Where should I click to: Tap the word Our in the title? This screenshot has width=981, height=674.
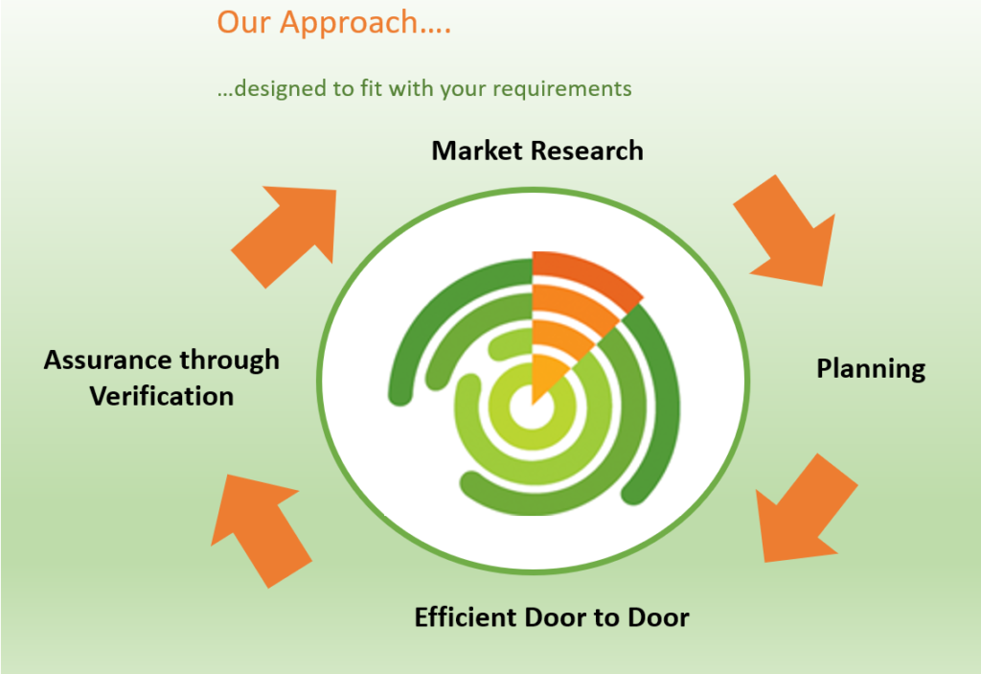[243, 22]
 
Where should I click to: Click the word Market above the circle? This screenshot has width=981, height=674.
[477, 151]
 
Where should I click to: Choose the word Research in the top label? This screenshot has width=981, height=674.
[587, 151]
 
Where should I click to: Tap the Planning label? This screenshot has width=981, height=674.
[871, 369]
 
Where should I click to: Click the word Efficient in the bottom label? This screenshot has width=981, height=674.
[466, 617]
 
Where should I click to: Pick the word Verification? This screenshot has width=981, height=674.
[161, 397]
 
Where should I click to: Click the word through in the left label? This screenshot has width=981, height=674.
[230, 360]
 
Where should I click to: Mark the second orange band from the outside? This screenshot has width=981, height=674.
[573, 304]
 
